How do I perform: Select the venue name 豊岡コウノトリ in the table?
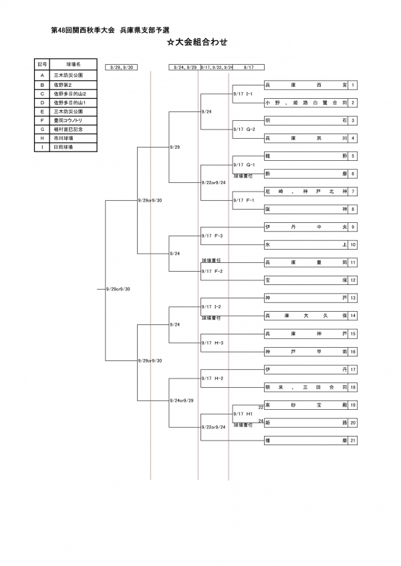69,120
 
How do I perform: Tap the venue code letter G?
42,129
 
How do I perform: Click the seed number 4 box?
353,137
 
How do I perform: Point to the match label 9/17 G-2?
243,129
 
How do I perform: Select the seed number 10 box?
353,245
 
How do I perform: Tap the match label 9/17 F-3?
212,236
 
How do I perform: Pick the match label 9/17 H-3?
212,342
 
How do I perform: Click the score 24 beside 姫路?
261,421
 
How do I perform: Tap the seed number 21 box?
353,440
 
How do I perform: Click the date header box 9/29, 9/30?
122,67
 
